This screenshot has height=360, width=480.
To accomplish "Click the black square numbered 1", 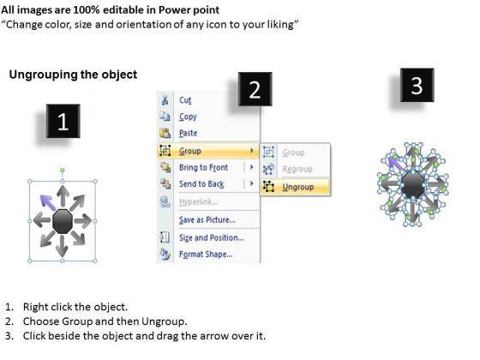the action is point(63,121).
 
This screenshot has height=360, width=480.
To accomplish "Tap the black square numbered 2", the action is point(255,89).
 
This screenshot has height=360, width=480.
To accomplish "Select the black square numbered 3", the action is point(417,85).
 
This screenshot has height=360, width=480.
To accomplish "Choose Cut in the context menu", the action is point(185,100).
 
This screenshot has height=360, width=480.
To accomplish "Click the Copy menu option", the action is point(188,117).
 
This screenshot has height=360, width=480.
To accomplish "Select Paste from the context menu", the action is point(189,133).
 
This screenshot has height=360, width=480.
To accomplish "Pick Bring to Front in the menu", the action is point(204,167).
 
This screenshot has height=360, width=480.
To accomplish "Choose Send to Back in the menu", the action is point(201,184).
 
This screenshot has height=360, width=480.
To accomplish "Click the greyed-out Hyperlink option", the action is point(198,202).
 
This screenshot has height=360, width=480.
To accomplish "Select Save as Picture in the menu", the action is point(207,219).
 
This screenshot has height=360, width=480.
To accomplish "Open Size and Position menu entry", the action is point(212,238).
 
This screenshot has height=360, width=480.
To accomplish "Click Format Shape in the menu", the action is point(206,255).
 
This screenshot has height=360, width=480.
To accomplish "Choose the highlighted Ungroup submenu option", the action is point(298,187).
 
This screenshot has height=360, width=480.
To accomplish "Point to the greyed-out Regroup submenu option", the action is point(297,169).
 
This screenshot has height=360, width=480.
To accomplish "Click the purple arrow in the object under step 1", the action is point(47,202).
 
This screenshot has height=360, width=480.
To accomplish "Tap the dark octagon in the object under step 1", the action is point(63,221).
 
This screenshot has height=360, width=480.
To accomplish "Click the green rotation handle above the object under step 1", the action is point(62,171).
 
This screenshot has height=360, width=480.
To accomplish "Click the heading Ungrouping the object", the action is point(73,75).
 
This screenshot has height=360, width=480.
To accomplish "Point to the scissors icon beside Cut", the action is point(165,100).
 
